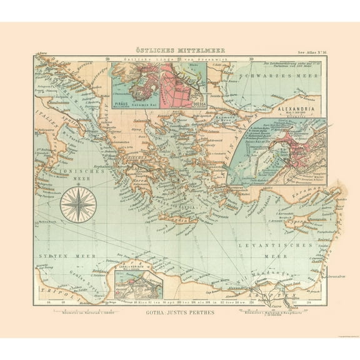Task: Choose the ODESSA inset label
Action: [195, 104]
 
